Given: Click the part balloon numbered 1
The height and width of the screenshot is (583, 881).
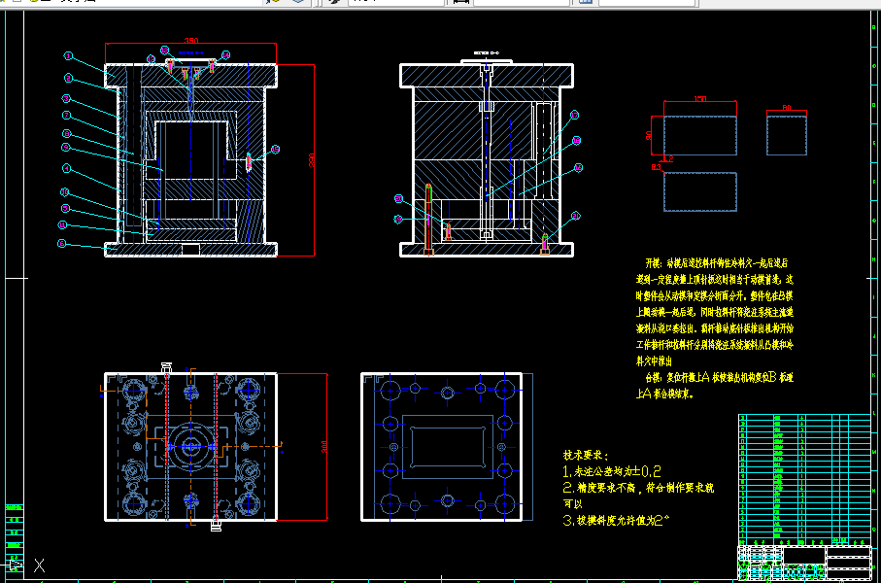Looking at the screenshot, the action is pyautogui.click(x=69, y=56).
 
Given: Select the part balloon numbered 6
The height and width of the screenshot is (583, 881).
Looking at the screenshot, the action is pyautogui.click(x=67, y=148).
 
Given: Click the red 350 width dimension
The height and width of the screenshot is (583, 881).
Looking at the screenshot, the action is pyautogui.click(x=190, y=42).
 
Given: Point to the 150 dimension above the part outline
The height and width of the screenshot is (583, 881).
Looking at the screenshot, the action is pyautogui.click(x=700, y=98).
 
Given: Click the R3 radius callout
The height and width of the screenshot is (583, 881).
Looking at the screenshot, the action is pyautogui.click(x=657, y=167).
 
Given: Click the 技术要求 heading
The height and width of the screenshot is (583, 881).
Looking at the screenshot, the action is pyautogui.click(x=585, y=455).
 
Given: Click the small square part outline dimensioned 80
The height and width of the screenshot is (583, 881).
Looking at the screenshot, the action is pyautogui.click(x=787, y=134).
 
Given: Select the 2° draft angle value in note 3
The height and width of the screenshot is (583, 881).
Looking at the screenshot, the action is pyautogui.click(x=662, y=520).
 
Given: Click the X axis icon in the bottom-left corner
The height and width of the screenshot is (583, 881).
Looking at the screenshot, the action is pyautogui.click(x=39, y=565).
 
